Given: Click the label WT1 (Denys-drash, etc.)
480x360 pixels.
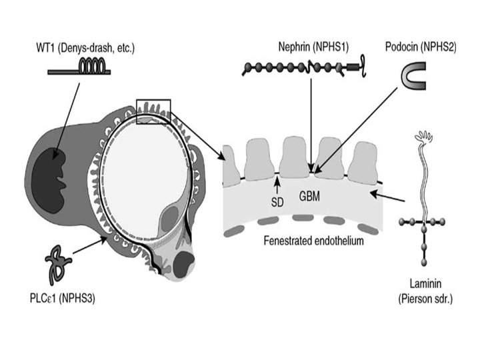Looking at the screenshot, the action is pyautogui.click(x=85, y=48).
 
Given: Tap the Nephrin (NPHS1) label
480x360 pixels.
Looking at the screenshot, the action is pyautogui.click(x=313, y=47).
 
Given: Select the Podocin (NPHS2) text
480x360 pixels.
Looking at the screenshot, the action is pyautogui.click(x=421, y=47).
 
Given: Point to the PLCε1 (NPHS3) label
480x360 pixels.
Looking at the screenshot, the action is pyautogui.click(x=63, y=298).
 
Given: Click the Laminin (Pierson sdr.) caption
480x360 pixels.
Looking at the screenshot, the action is pyautogui.click(x=425, y=291).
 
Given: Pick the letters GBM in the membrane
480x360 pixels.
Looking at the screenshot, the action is pyautogui.click(x=309, y=196).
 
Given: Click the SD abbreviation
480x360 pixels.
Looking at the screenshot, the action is pyautogui.click(x=277, y=202).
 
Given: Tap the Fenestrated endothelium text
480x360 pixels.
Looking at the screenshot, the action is pyautogui.click(x=314, y=241).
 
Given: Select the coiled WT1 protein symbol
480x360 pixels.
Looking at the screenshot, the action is pyautogui.click(x=79, y=67).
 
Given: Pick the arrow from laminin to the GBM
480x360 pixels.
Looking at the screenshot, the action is pyautogui.click(x=387, y=197).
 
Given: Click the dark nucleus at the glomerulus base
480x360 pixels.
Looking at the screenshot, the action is pyautogui.click(x=184, y=263).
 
